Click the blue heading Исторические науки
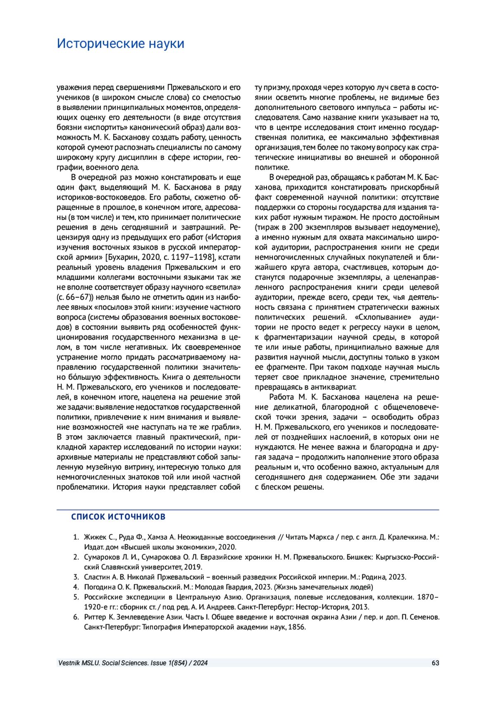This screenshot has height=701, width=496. pyautogui.click(x=120, y=43)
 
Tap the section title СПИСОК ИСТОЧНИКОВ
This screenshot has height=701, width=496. pyautogui.click(x=118, y=517)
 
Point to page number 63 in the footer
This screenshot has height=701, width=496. pyautogui.click(x=435, y=663)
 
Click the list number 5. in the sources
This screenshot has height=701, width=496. pyautogui.click(x=76, y=597)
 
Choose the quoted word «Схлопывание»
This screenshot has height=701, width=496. pyautogui.click(x=383, y=317)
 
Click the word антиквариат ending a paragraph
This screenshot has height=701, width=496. pyautogui.click(x=335, y=387)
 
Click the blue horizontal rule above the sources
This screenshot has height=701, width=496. pyautogui.click(x=248, y=510)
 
